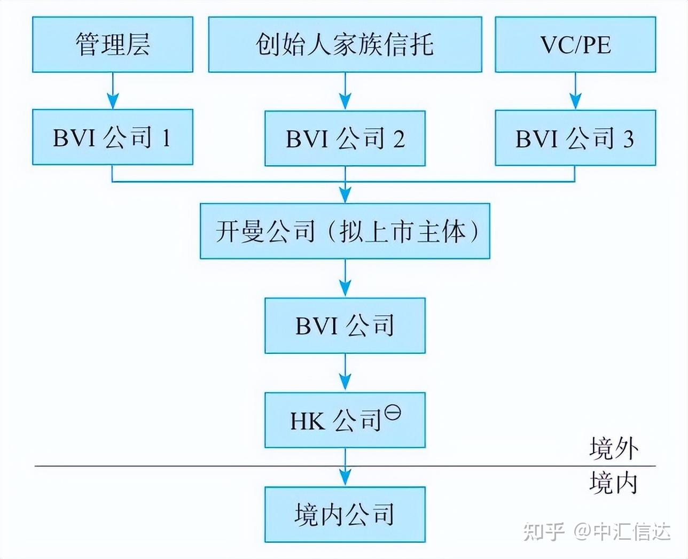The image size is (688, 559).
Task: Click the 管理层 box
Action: [x=112, y=44]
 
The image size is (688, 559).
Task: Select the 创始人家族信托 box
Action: [x=345, y=44]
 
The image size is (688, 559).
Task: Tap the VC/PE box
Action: [x=575, y=44]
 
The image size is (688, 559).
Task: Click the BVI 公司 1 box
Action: [x=112, y=137]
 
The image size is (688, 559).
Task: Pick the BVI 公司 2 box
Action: [x=345, y=138]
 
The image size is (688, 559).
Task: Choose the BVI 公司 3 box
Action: [x=575, y=138]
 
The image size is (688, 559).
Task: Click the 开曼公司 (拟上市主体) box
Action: [x=345, y=231]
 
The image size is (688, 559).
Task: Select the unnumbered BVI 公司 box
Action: [x=345, y=325]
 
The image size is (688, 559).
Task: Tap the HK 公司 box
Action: [x=345, y=420]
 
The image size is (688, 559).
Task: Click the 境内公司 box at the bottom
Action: [x=345, y=514]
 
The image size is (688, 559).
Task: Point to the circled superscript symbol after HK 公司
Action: [x=393, y=413]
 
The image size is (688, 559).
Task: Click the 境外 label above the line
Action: [x=614, y=448]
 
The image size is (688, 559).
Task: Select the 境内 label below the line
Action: [x=614, y=483]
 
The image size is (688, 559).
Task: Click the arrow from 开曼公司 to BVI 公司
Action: [x=345, y=278]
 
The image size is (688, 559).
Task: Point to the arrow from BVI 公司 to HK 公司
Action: [x=345, y=373]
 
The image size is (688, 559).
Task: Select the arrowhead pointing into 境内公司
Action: [x=345, y=478]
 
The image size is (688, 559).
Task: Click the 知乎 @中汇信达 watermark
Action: [x=597, y=532]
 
